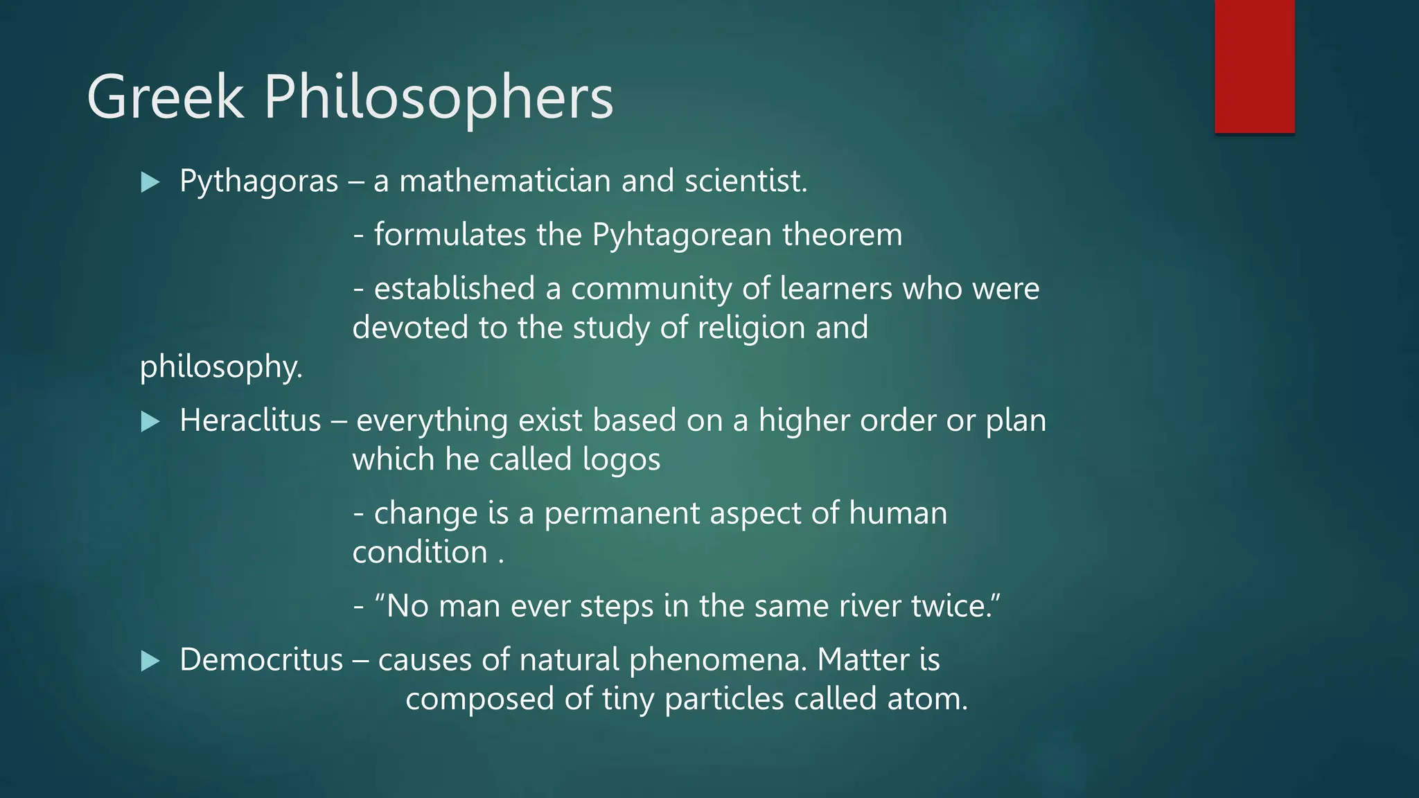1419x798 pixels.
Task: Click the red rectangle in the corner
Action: (1254, 66)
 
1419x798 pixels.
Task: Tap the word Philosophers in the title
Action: (439, 98)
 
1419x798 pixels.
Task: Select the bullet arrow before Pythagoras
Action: (150, 183)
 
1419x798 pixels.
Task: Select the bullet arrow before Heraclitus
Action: (150, 422)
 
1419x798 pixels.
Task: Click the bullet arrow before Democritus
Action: (150, 661)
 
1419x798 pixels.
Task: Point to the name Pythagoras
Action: (258, 181)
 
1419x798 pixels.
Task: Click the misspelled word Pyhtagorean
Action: (682, 235)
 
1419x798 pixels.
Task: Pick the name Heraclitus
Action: (250, 420)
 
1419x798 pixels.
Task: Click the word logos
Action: (622, 460)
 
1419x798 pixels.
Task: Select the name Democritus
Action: (261, 659)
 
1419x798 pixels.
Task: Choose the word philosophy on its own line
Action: (221, 367)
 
